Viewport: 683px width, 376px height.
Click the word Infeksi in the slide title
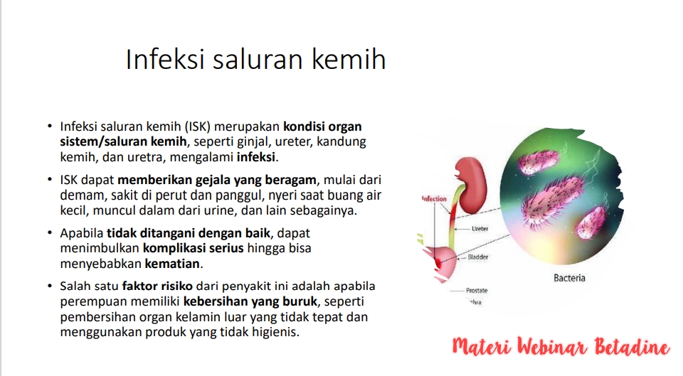tap(165, 59)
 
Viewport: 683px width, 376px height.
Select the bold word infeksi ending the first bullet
tap(255, 157)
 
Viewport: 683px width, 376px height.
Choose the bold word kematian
tap(172, 264)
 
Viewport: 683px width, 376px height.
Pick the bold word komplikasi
tap(171, 249)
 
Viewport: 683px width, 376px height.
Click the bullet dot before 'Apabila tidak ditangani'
tap(50, 233)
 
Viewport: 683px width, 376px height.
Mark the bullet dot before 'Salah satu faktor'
tap(50, 286)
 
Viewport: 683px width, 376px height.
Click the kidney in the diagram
tap(472, 185)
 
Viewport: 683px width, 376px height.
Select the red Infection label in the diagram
tap(434, 199)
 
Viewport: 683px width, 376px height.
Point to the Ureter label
tap(480, 228)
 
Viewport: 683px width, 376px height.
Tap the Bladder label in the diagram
tap(478, 257)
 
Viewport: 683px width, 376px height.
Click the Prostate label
tap(477, 290)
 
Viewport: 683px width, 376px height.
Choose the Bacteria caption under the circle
tap(569, 278)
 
